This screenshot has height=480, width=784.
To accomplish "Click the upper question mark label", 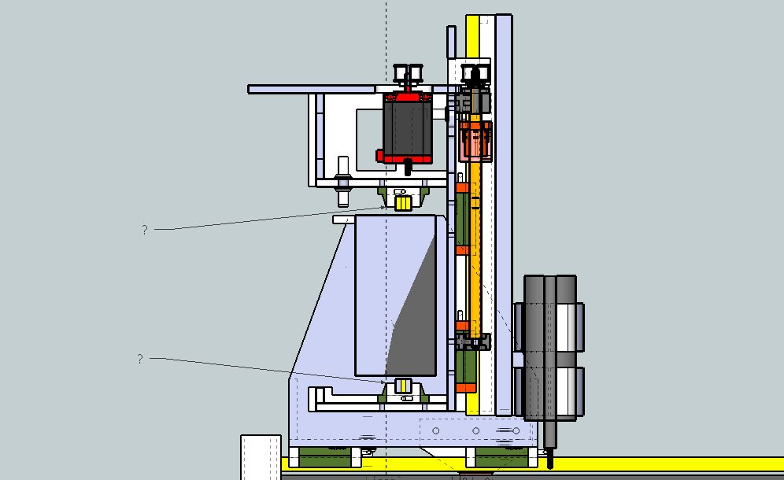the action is tap(145, 230).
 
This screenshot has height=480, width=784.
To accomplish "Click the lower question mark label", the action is tap(140, 359).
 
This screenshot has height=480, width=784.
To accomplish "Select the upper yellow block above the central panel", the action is tap(403, 204).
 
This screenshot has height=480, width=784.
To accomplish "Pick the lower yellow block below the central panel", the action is tap(403, 386).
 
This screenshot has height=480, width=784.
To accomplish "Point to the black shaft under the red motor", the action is tap(408, 167).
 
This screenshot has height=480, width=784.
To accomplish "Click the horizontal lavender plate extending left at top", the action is tap(312, 89).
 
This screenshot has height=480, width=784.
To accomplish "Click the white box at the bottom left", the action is tap(261, 457).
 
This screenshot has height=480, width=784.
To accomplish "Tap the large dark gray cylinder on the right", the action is tap(550, 346).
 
